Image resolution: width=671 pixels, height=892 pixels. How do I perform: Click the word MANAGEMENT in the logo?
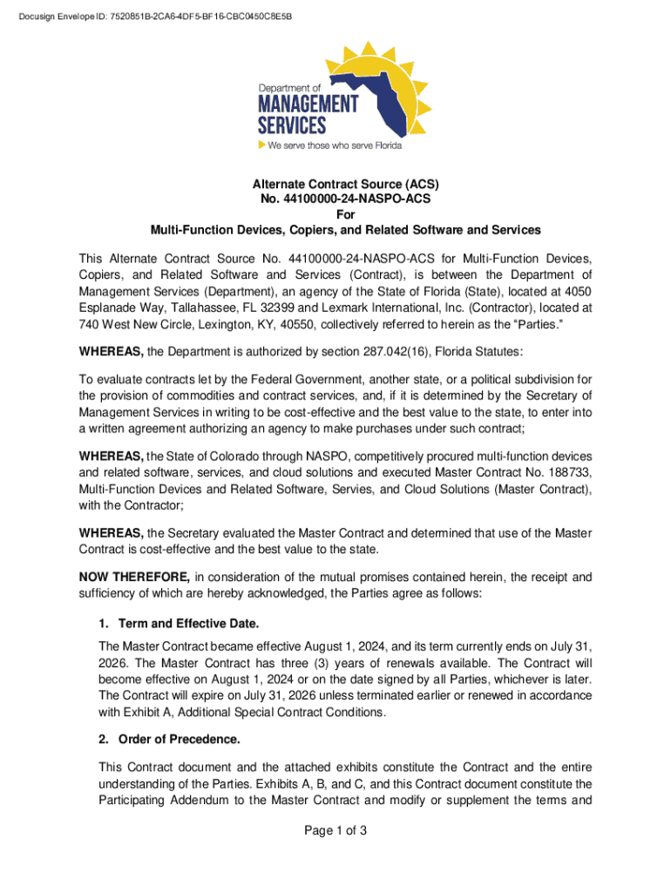[308, 105]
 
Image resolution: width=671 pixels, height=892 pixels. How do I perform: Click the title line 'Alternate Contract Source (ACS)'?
[346, 185]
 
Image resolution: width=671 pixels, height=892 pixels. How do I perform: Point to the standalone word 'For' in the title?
[346, 214]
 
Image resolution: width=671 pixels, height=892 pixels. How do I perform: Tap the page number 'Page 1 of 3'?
[335, 830]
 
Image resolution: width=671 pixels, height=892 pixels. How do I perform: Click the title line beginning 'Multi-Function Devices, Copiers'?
[346, 230]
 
